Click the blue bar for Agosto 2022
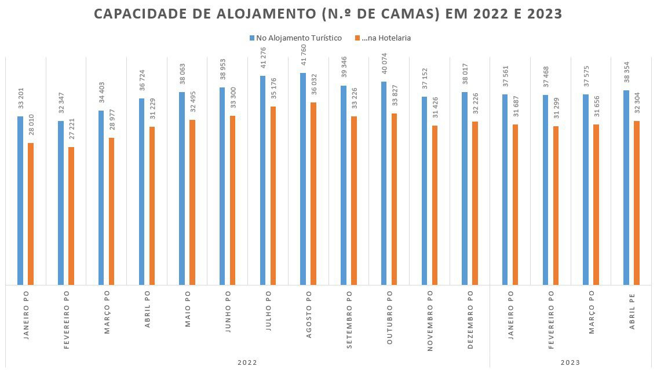[303, 179]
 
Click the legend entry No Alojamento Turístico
[295, 38]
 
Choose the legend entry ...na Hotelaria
[385, 38]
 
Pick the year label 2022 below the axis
[247, 362]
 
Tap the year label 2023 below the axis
[570, 362]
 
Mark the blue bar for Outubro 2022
[384, 183]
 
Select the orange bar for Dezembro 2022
[475, 203]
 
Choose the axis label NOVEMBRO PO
[430, 321]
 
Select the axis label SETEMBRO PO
[349, 320]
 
